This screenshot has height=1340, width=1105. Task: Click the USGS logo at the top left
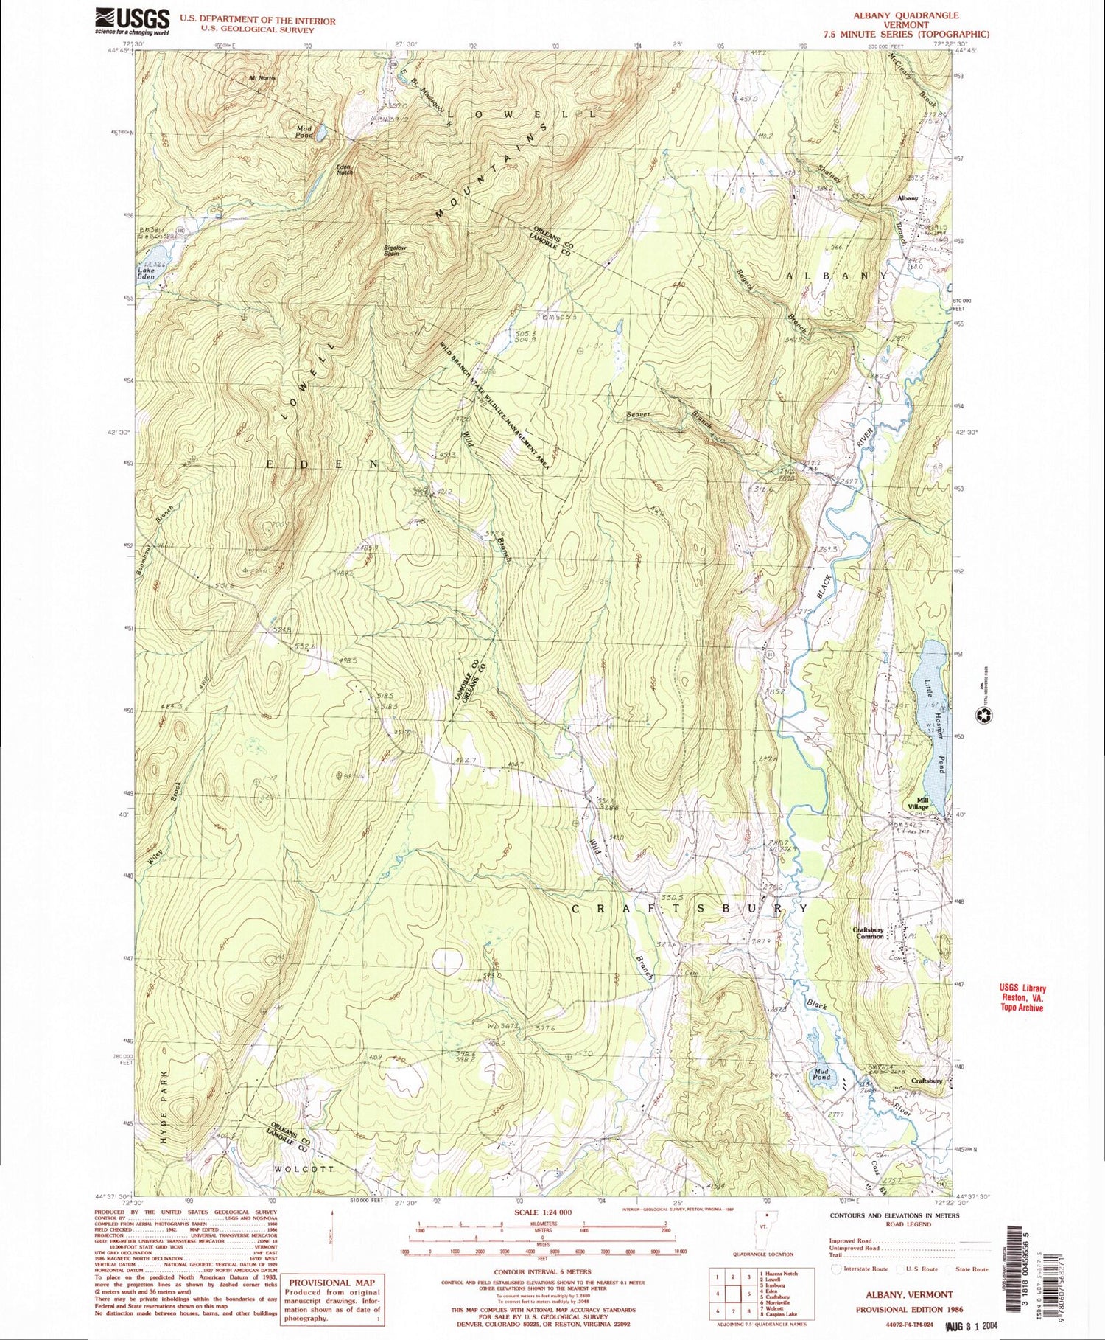point(133,21)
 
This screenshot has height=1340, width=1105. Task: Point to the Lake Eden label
point(147,273)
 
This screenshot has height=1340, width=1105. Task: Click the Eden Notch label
point(343,170)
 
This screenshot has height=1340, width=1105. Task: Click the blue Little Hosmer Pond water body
point(934,708)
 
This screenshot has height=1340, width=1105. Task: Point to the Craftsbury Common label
point(869,933)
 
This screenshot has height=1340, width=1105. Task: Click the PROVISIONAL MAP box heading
point(331,1283)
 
